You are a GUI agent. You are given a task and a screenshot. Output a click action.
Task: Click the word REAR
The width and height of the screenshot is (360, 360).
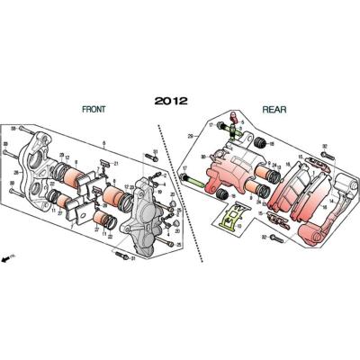274,109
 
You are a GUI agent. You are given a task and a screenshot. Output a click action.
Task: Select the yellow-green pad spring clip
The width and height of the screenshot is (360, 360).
233,218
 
